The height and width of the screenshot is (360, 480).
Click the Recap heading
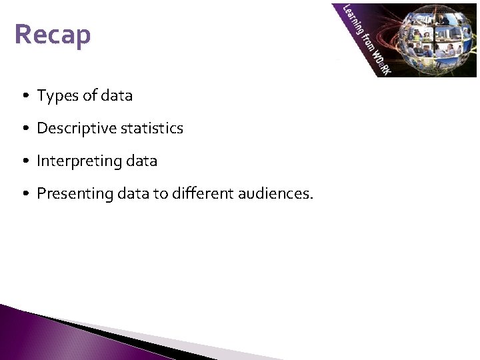click(53, 35)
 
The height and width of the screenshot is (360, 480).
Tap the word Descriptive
click(74, 128)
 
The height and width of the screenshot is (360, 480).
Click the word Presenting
click(71, 194)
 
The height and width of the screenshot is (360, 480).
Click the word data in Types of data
click(117, 96)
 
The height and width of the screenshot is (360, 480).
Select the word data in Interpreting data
click(141, 161)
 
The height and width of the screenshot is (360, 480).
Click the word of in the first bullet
click(88, 96)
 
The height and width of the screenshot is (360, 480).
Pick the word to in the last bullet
click(151, 194)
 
